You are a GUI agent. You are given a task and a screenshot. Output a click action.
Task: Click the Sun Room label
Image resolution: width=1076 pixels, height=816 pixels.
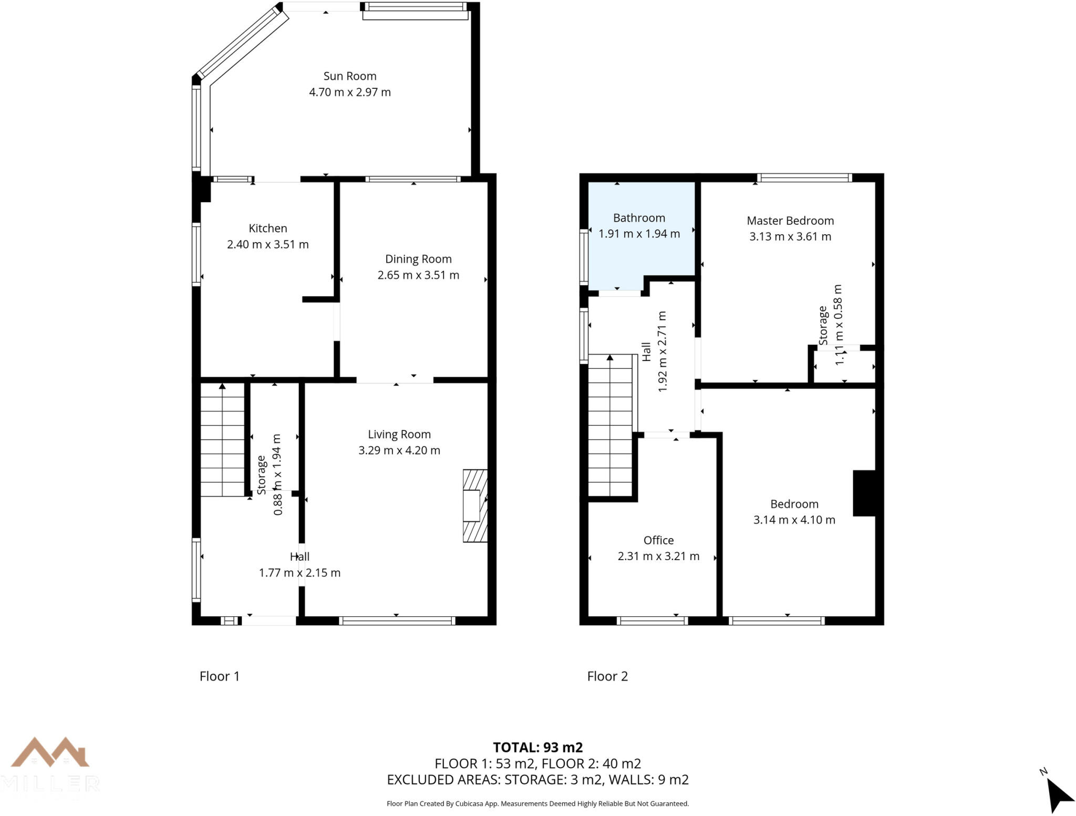(x=349, y=76)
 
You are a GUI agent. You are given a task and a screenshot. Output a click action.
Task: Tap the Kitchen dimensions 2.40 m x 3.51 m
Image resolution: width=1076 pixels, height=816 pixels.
(x=267, y=244)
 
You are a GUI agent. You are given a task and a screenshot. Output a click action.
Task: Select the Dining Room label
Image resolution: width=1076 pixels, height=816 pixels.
(x=418, y=259)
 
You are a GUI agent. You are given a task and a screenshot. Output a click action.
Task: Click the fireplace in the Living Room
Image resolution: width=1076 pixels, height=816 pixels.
(x=474, y=505)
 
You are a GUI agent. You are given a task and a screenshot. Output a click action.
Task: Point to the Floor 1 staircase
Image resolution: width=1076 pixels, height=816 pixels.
(x=223, y=440)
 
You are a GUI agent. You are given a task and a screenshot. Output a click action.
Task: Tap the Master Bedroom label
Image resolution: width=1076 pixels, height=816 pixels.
(x=790, y=221)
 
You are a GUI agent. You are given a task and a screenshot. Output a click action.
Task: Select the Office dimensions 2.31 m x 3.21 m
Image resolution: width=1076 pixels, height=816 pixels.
(x=658, y=556)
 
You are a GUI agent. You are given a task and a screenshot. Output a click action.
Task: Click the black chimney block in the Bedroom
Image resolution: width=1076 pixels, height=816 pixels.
(x=863, y=493)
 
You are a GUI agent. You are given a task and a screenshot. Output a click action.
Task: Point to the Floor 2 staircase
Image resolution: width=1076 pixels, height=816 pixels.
(x=609, y=426)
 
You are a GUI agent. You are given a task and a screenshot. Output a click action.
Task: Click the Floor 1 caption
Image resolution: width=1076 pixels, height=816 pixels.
(x=220, y=676)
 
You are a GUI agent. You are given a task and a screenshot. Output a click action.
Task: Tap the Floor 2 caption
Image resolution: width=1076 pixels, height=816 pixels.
(x=607, y=676)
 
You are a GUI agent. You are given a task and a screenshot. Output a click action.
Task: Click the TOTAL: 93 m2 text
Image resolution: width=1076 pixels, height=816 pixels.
(x=537, y=747)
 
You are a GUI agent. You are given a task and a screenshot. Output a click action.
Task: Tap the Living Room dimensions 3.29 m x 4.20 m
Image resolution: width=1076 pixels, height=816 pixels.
(x=399, y=450)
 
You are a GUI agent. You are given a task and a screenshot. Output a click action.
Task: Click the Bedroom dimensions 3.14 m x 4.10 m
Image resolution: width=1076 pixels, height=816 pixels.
(x=794, y=520)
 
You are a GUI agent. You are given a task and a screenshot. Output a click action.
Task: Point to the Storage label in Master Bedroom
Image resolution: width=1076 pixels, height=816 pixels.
(x=823, y=326)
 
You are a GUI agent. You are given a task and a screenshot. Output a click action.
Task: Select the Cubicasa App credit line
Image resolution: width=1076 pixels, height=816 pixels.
(x=537, y=803)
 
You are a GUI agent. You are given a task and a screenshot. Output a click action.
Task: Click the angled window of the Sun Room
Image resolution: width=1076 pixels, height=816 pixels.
(x=242, y=45)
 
